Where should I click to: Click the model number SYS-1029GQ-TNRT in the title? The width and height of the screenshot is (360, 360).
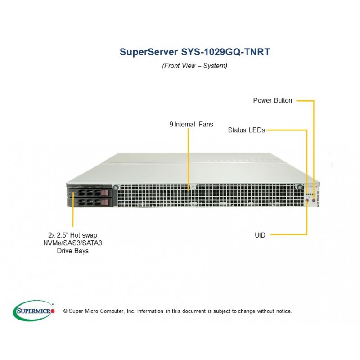[x=225, y=52]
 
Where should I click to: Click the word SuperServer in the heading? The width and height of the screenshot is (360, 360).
[x=149, y=52]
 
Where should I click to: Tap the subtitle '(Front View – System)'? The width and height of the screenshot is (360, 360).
[x=195, y=66]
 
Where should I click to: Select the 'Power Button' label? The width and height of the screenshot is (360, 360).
[x=273, y=100]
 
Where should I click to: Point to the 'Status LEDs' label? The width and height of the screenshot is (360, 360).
[x=247, y=130]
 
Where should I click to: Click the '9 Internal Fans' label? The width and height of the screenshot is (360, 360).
[x=191, y=125]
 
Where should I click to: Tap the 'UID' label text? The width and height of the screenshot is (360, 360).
[x=260, y=235]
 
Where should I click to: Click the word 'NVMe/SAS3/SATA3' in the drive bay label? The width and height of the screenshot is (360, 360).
[x=73, y=243]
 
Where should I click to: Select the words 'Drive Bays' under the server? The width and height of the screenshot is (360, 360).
[x=73, y=251]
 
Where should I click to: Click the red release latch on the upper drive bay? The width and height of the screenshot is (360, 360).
[x=104, y=193]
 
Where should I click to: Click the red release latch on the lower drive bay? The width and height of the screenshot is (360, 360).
[x=104, y=202]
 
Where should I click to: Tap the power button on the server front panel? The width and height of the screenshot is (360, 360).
[x=314, y=200]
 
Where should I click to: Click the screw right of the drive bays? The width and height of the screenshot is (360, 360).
[x=116, y=188]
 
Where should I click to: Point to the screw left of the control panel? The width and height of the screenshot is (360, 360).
[x=300, y=187]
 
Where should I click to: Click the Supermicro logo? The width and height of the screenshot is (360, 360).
[x=34, y=311]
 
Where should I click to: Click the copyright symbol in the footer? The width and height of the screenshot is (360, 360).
[x=65, y=311]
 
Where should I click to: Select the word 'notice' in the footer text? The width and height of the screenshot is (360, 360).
[x=284, y=311]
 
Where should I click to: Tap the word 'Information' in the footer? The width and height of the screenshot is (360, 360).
[x=150, y=311]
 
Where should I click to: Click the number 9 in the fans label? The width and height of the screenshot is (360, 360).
[x=171, y=125]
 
